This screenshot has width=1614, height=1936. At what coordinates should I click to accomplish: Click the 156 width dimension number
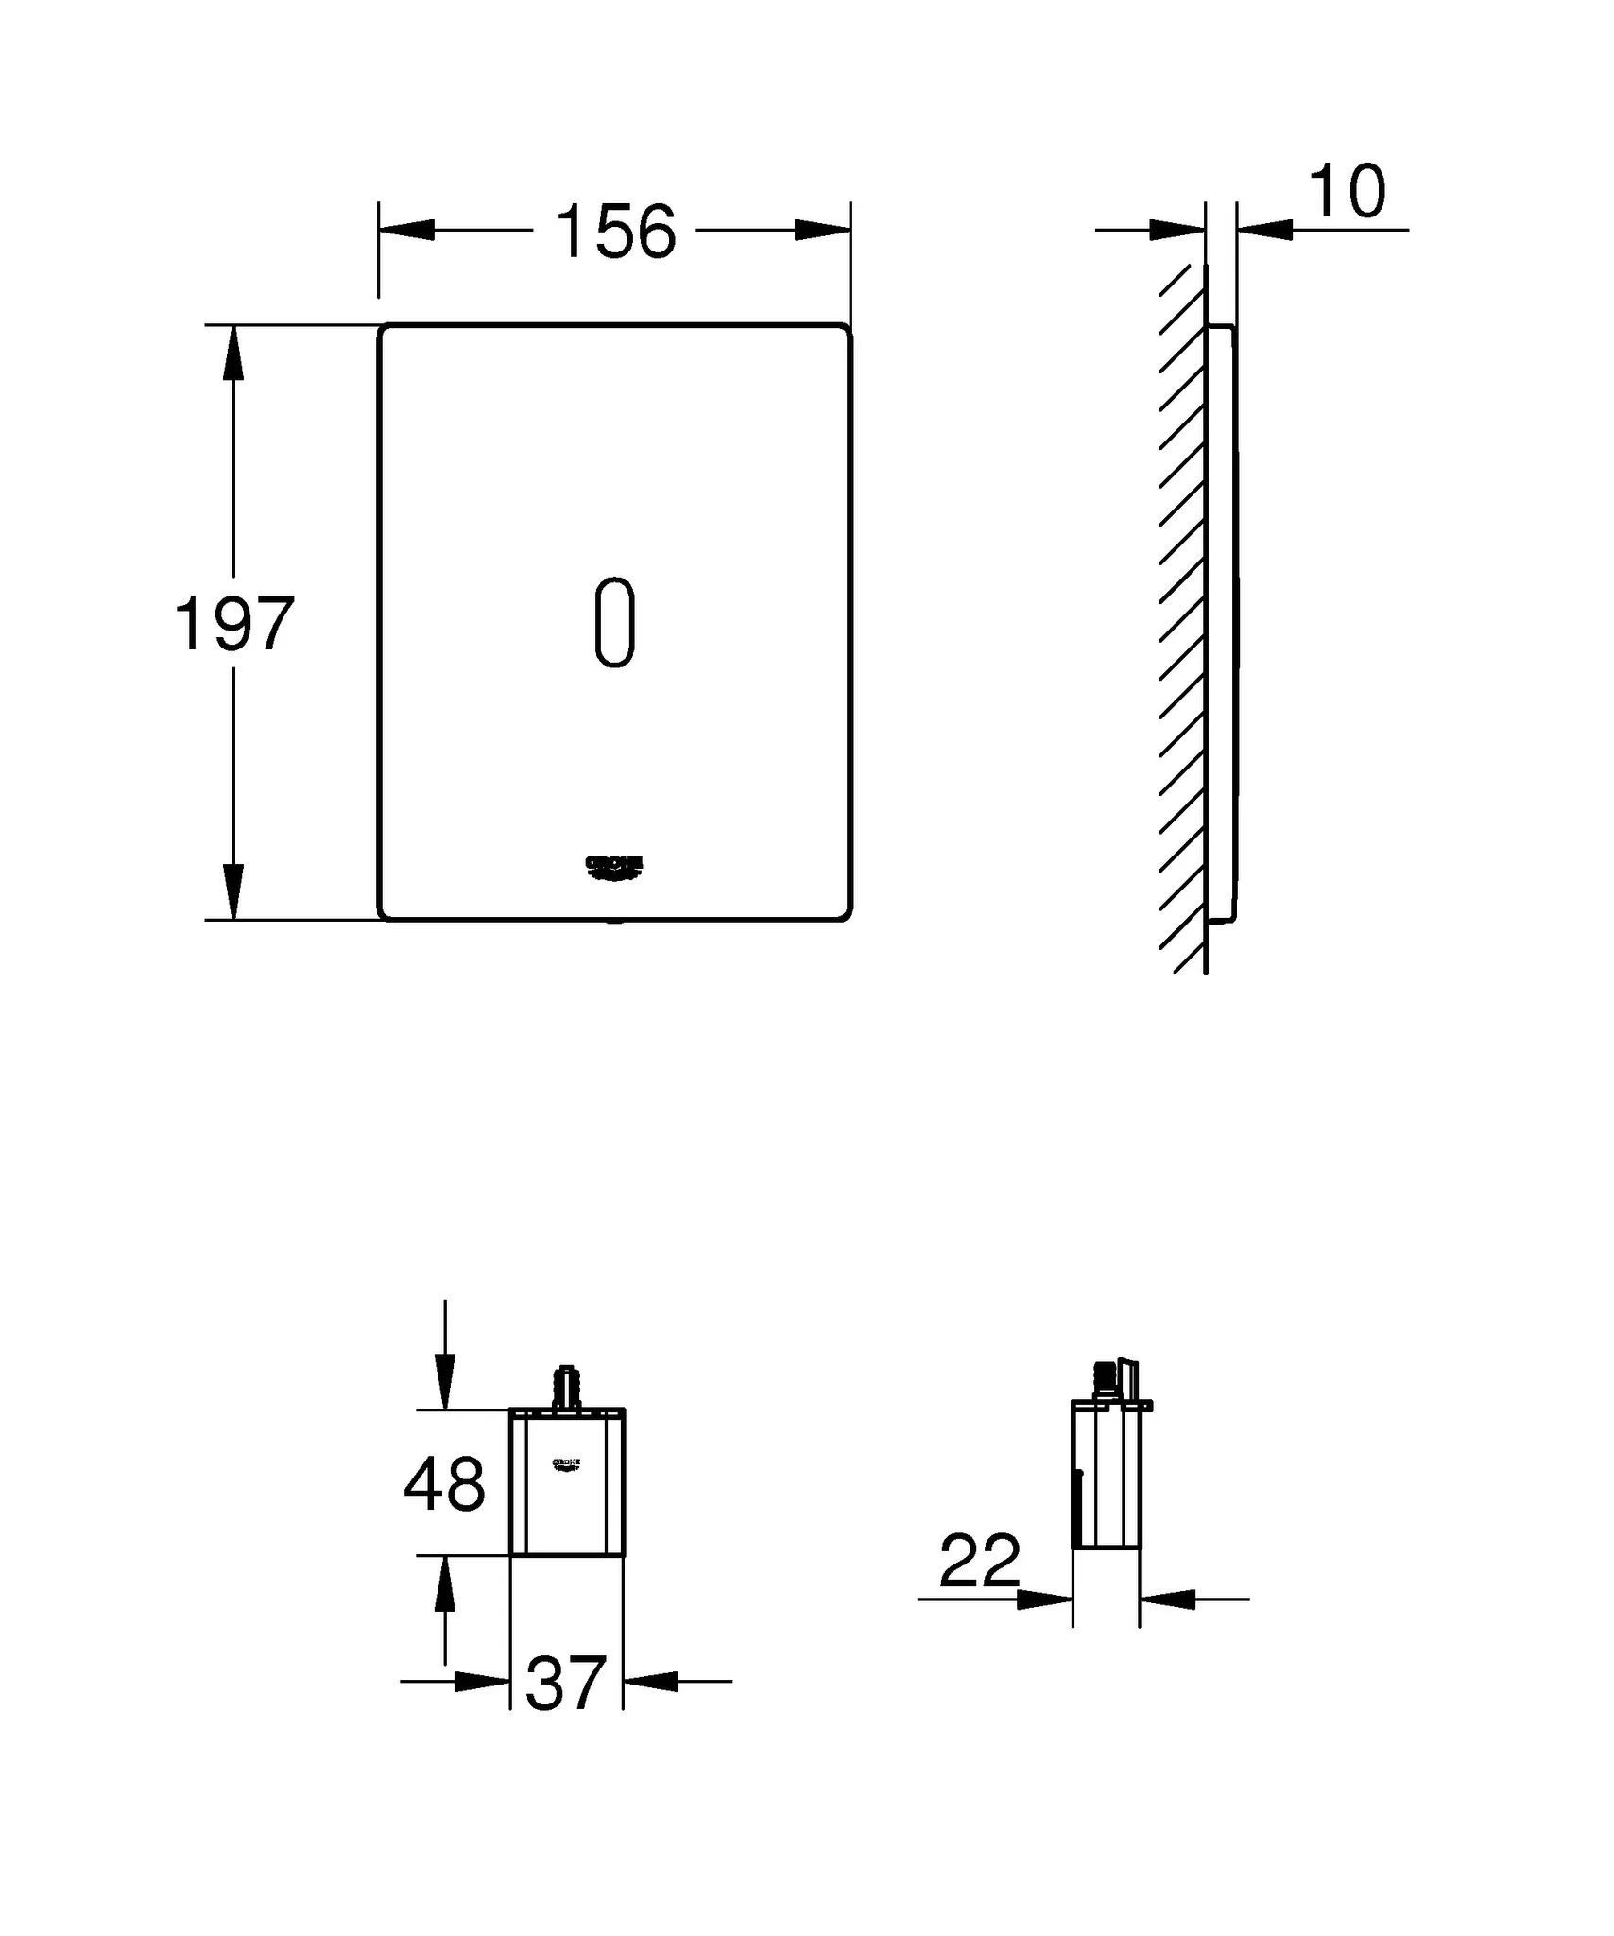coord(615,233)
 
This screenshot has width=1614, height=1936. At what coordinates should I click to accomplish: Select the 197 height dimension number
coord(234,625)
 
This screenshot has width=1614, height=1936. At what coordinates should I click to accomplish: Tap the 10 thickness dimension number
coord(1348,193)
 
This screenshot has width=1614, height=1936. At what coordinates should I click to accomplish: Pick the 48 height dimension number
coord(444,1484)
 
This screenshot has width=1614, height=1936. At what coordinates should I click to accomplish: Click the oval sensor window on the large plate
coord(614,622)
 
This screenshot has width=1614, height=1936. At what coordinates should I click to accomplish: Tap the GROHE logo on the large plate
coord(614,867)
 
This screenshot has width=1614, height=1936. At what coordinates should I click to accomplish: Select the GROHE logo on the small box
coord(566,1464)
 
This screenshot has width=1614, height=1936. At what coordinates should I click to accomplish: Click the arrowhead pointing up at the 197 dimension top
coord(233,354)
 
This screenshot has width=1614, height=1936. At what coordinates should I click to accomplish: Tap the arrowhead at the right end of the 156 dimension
coord(823,230)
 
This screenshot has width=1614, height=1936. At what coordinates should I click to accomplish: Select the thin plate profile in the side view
coord(1221,624)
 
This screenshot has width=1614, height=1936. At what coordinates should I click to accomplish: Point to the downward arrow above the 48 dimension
coord(445,1382)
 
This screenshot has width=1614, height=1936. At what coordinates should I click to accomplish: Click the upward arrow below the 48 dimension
coord(445,1587)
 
